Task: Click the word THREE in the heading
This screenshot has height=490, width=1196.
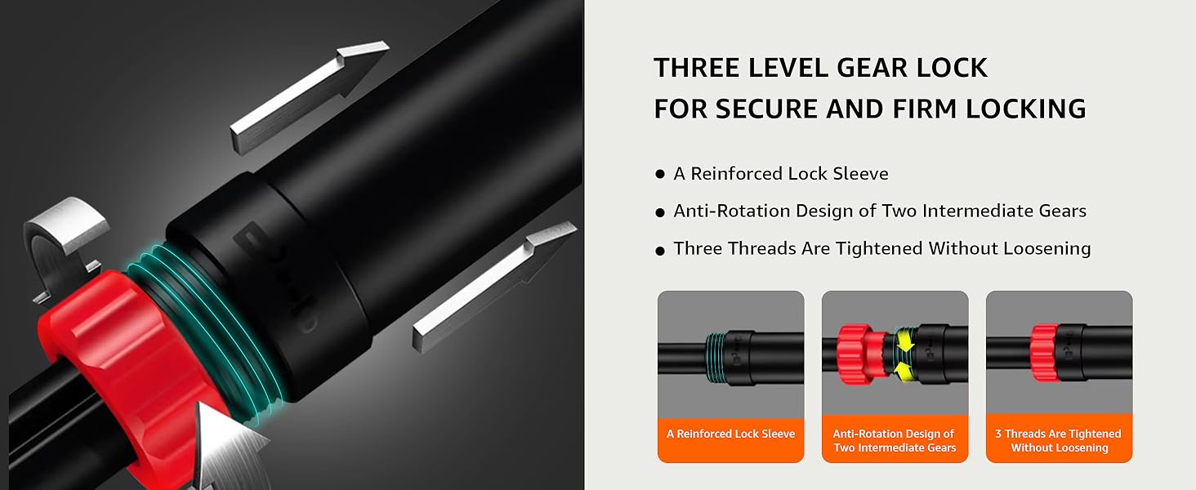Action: coord(696,68)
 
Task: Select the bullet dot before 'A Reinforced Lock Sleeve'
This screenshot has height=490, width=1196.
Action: coord(660,174)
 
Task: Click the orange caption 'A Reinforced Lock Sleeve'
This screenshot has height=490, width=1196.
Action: coord(730,434)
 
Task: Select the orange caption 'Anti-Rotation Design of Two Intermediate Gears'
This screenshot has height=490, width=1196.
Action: coord(895,441)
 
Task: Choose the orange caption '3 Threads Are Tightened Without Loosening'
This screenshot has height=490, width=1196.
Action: coord(1059,441)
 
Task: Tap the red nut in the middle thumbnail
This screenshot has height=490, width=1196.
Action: coord(856,354)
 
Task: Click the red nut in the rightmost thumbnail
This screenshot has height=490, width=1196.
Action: coord(1044,353)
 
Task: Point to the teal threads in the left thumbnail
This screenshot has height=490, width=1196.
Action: coord(716,358)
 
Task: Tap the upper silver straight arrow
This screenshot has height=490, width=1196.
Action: coord(310,98)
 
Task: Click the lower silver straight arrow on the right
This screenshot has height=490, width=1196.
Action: coord(495,287)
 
